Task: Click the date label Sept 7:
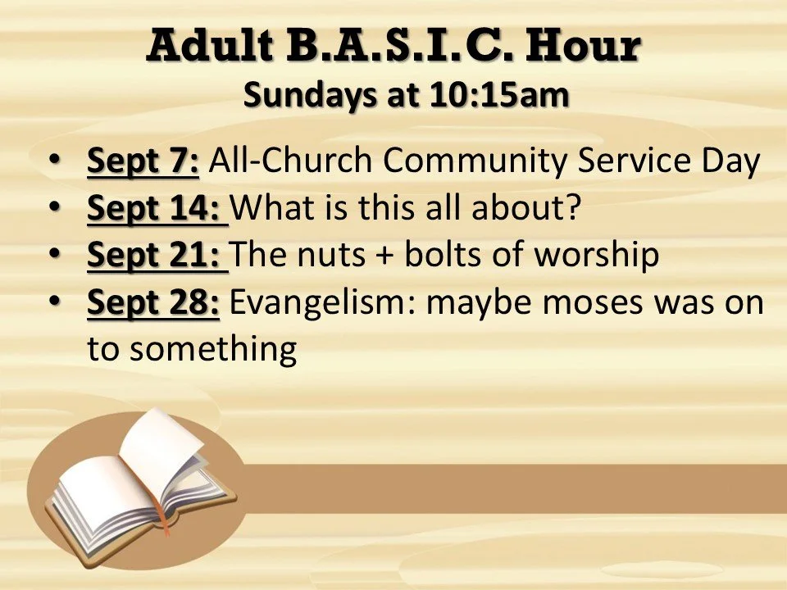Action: [x=143, y=161]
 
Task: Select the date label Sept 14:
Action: [x=157, y=208]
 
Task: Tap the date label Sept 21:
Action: [x=157, y=255]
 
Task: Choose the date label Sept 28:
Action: [x=153, y=302]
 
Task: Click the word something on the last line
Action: [x=212, y=350]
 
